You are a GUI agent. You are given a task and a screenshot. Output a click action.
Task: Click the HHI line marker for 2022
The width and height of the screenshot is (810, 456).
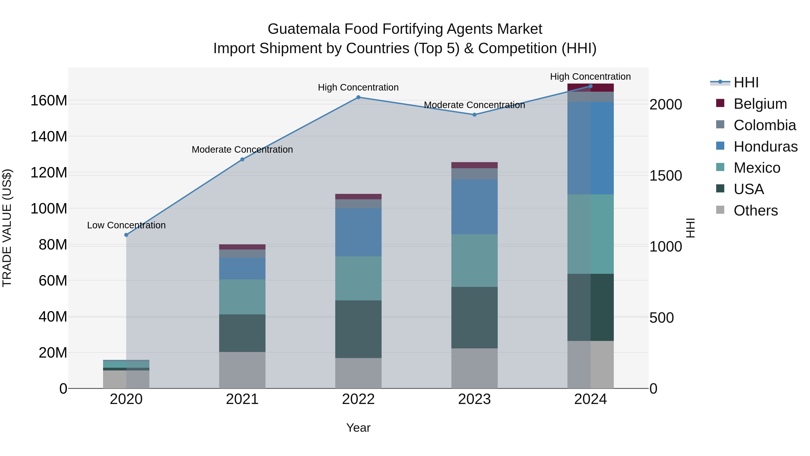358,97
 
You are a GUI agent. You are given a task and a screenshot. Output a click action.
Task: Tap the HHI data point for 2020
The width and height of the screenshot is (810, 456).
126,235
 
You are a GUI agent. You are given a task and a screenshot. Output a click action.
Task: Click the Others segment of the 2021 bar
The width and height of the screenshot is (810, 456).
242,370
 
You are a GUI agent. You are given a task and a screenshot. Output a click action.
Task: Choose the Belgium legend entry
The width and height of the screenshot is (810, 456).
760,104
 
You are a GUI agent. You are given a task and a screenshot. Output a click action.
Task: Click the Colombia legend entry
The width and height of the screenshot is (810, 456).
764,125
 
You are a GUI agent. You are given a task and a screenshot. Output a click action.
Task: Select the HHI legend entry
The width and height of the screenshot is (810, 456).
746,82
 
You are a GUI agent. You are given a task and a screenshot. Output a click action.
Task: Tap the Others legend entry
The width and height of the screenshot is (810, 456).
755,211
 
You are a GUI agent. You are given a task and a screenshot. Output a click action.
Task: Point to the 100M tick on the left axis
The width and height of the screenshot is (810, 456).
49,208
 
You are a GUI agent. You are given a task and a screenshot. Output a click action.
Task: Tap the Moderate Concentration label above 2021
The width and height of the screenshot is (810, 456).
242,150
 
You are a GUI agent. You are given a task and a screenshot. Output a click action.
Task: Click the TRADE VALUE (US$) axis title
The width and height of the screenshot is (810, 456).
7,228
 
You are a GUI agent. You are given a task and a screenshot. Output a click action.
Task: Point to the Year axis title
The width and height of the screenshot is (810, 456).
358,428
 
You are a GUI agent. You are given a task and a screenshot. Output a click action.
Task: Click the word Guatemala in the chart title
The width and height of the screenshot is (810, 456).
304,29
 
